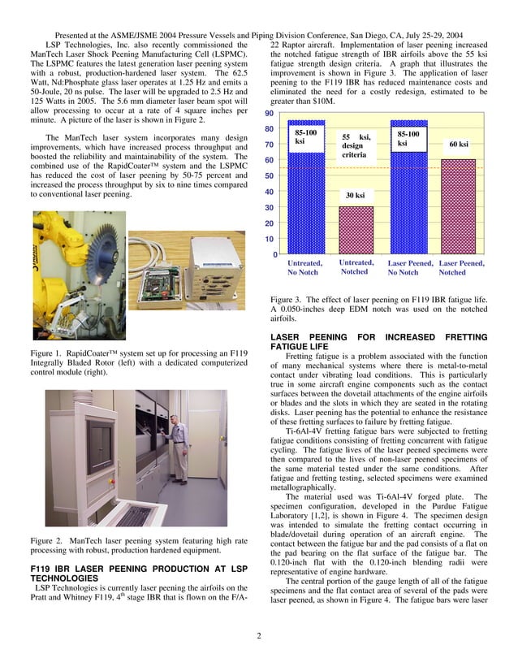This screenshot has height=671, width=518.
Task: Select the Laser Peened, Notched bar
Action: coord(458,207)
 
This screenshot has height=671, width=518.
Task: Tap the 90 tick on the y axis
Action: coord(267,114)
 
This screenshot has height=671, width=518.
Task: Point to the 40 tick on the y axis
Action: coord(267,193)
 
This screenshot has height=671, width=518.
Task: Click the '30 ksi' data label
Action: coord(355,196)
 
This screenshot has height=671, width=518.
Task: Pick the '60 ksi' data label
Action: coord(458,145)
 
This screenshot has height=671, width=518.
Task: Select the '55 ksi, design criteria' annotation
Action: coord(356,146)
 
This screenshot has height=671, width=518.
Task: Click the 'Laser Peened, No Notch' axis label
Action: coord(410,267)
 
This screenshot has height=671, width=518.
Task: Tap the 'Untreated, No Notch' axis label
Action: coord(304,267)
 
